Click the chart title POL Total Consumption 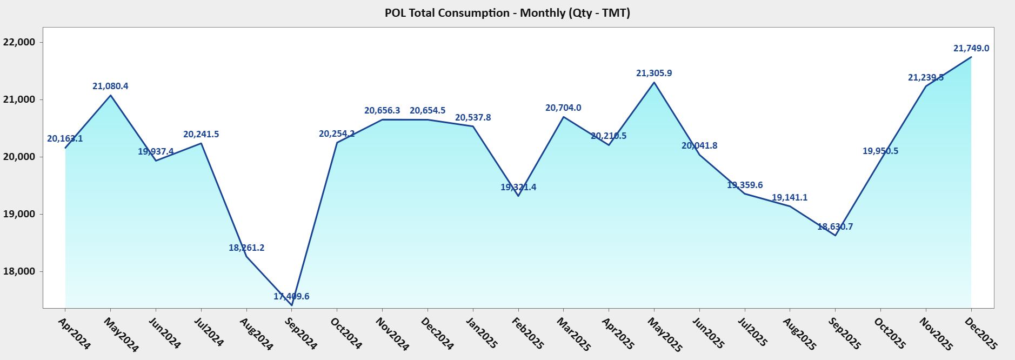[x=507, y=13]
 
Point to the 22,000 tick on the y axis [x=19, y=42]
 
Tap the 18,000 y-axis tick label [x=19, y=271]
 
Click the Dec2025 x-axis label [x=981, y=334]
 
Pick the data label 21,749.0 [x=971, y=49]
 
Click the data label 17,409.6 [x=291, y=296]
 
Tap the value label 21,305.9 [x=654, y=74]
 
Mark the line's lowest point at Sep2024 [x=292, y=305]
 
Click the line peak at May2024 [x=111, y=96]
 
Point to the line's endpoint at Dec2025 [x=971, y=57]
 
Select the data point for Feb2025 [x=518, y=196]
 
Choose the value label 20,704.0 [x=563, y=108]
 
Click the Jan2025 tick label [x=482, y=333]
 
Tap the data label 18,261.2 [x=246, y=248]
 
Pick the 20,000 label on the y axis [x=19, y=157]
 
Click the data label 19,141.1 [x=790, y=198]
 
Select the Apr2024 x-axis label [x=75, y=334]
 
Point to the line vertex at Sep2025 [x=836, y=235]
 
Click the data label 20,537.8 [x=473, y=118]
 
